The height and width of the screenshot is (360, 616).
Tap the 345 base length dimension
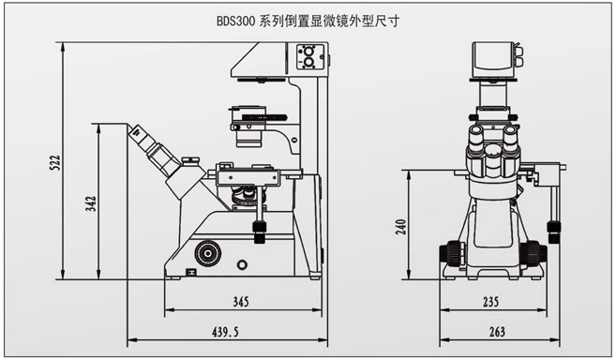[x=240, y=302]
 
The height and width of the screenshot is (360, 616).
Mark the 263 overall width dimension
[x=496, y=332]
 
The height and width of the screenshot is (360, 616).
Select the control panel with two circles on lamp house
[x=308, y=61]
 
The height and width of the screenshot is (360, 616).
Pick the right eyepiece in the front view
[x=512, y=142]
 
